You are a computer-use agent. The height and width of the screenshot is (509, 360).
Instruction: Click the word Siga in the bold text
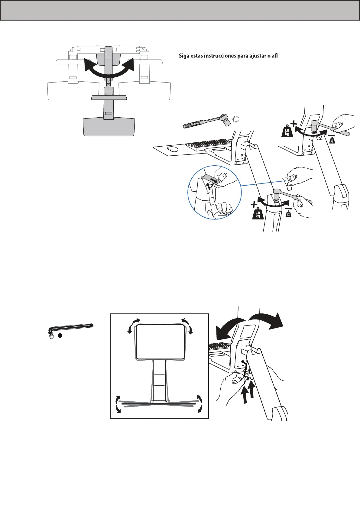(183, 56)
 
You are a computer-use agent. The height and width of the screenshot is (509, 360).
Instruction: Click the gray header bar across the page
(180, 10)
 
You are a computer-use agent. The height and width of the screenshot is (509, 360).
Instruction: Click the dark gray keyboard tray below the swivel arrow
(109, 127)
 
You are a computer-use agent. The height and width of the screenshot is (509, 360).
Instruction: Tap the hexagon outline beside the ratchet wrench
(236, 119)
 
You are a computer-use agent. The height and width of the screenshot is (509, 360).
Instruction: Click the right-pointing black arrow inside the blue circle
(214, 180)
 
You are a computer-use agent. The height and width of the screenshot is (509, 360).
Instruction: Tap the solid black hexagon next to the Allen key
(60, 336)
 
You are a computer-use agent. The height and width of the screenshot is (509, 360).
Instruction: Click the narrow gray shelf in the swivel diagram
(109, 98)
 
